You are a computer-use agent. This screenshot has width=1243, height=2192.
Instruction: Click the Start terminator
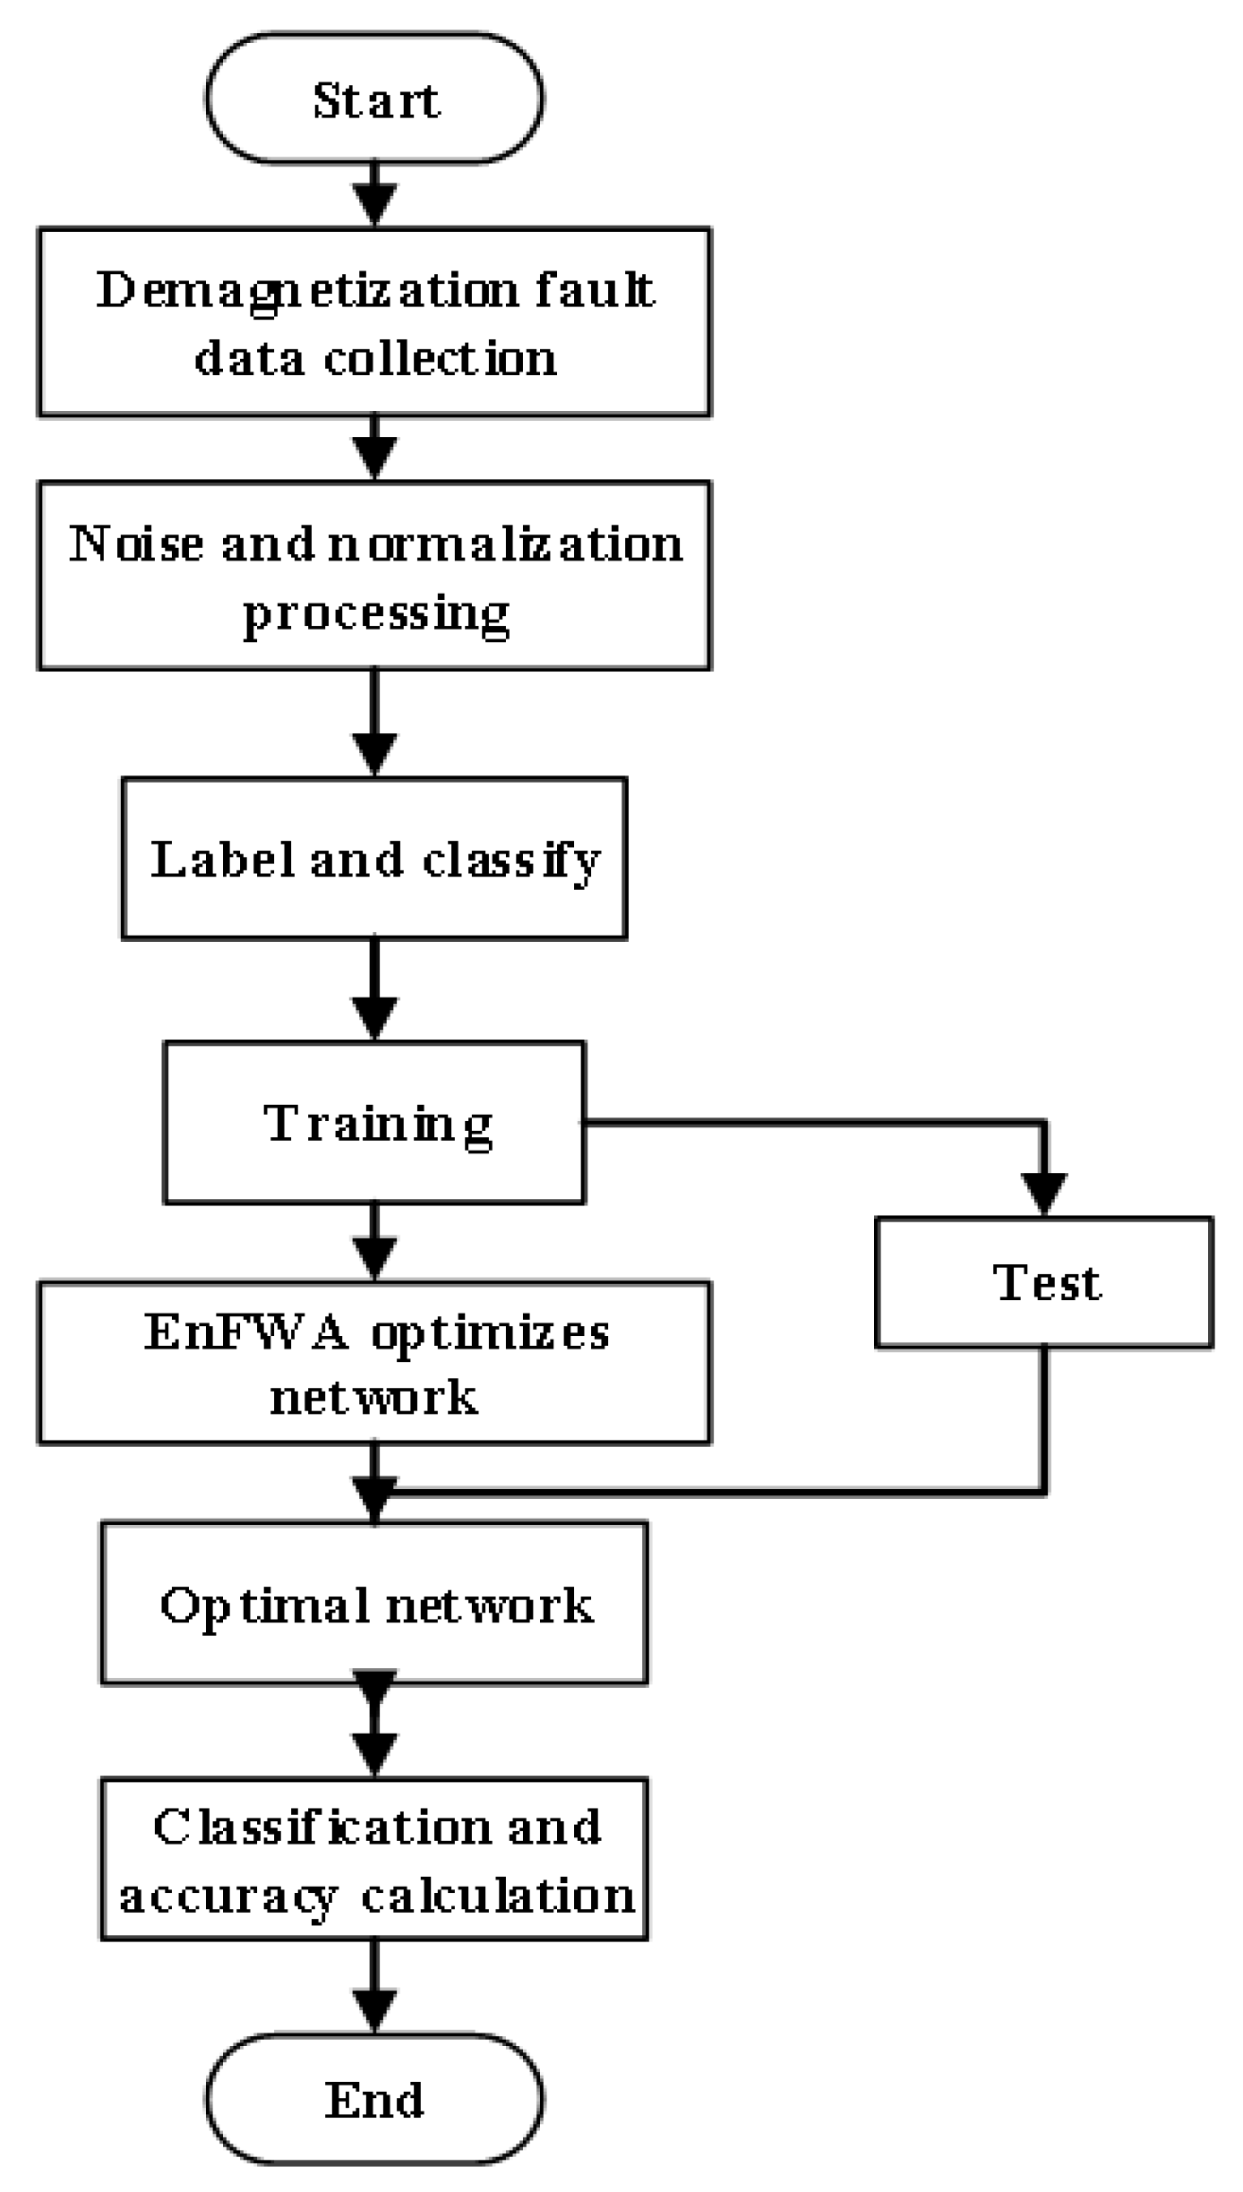click(x=374, y=98)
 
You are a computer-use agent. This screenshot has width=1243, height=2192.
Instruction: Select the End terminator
click(x=374, y=2100)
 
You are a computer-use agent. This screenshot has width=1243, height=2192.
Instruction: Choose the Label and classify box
click(x=374, y=858)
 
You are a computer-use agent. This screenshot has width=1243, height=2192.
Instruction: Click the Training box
click(x=374, y=1122)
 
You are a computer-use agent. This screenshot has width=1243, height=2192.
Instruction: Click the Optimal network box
click(x=374, y=1604)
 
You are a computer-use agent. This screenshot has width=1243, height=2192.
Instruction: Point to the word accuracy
click(x=227, y=1896)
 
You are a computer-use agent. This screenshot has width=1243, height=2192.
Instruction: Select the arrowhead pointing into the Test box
click(x=1044, y=1194)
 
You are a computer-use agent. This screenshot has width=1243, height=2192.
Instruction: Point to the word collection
click(x=440, y=358)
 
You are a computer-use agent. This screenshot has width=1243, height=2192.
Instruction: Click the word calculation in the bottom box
click(x=498, y=1896)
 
